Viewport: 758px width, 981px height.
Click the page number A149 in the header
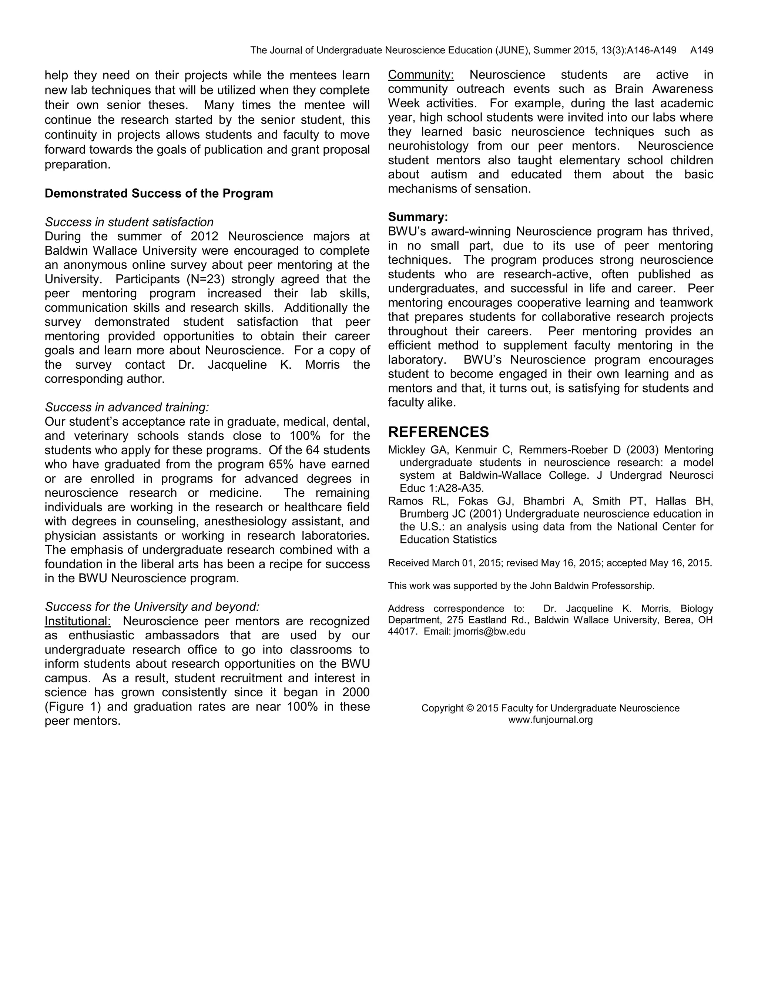click(701, 50)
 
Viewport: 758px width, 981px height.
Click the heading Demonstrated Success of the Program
click(158, 194)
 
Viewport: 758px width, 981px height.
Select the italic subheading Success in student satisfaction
click(129, 222)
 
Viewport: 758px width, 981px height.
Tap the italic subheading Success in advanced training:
click(127, 408)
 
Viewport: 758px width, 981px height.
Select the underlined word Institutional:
click(77, 621)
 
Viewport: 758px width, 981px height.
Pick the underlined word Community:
click(421, 75)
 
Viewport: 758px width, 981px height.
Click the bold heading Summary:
click(417, 217)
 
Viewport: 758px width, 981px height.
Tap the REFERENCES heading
click(438, 432)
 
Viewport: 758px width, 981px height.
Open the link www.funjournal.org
click(550, 720)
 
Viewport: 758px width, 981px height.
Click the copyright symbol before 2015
click(470, 708)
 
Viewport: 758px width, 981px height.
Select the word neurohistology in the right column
click(428, 146)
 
